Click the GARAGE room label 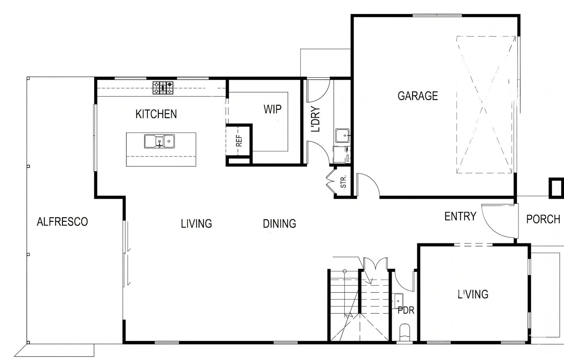coord(418,96)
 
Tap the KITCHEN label coord(156,114)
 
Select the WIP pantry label coord(272,109)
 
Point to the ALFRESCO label coord(62,222)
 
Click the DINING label coord(280,224)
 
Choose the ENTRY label coord(460,216)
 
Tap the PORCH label coord(543,219)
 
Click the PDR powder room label coord(406,310)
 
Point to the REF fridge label coord(239,141)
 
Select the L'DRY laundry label coord(315,119)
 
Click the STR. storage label coord(343,181)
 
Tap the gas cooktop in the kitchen coord(163,87)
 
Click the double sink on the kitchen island coord(160,142)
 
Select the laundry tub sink coord(342,135)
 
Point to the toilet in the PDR coord(404,333)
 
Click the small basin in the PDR coord(398,301)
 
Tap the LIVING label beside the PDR coord(473,294)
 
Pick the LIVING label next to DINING coord(197,224)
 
